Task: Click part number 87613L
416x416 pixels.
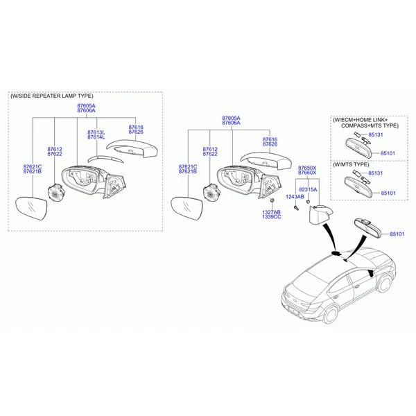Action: point(96,132)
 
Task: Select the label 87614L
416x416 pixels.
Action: point(96,137)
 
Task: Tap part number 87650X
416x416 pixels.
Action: point(307,168)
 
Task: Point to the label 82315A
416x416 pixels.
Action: point(308,189)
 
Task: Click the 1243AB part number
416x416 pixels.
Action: point(295,197)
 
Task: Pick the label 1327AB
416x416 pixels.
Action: point(271,212)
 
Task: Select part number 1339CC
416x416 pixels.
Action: point(271,217)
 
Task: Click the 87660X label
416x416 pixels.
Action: point(307,173)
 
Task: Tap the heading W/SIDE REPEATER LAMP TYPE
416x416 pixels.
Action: point(52,96)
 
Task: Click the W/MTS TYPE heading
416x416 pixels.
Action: point(351,164)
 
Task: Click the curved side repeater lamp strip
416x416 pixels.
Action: point(105,159)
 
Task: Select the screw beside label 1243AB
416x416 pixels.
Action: point(296,208)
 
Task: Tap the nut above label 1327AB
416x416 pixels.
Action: point(272,200)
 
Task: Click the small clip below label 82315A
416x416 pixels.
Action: point(308,202)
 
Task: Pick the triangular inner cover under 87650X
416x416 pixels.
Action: point(320,215)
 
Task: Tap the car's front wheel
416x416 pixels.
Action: point(384,284)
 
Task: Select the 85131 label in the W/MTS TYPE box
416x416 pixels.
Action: point(375,173)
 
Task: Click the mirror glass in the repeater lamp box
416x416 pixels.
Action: point(31,208)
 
